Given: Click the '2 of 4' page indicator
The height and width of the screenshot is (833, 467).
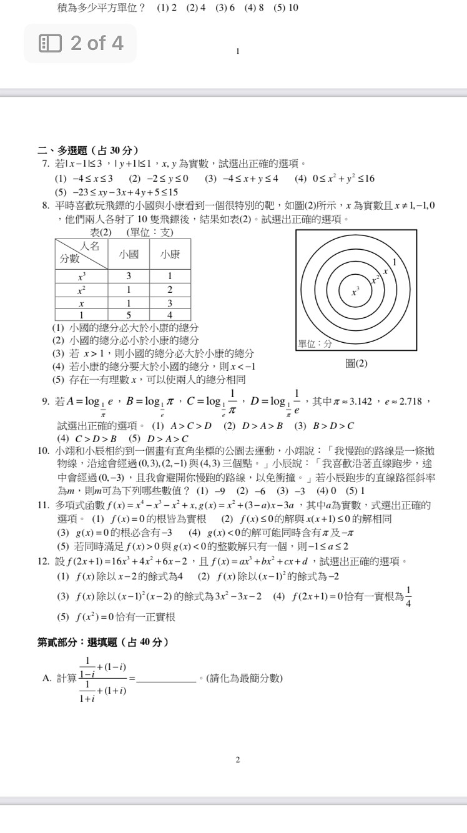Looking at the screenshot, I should [x=81, y=43].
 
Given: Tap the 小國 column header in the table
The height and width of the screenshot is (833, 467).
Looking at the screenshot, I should [x=129, y=254].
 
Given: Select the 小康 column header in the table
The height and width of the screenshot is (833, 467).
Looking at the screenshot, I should [x=170, y=254].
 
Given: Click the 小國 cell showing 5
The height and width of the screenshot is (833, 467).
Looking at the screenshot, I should [x=129, y=315].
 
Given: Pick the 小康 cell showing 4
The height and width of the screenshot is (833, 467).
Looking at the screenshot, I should [x=170, y=315].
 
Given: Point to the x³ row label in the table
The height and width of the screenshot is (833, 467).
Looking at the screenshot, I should [x=81, y=275].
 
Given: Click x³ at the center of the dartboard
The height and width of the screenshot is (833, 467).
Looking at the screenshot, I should [x=356, y=292].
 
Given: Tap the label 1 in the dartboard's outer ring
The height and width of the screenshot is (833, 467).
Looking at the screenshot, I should [x=394, y=261].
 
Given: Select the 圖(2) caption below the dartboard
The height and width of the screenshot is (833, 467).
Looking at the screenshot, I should [x=356, y=363].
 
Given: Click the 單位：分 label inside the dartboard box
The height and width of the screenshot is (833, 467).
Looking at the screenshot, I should [x=315, y=343].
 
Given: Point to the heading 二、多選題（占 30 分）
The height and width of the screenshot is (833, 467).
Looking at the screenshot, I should [x=88, y=150].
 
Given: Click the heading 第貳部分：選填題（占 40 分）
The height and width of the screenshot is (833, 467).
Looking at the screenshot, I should [x=102, y=642].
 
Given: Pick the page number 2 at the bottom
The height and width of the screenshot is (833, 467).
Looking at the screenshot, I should [x=238, y=760].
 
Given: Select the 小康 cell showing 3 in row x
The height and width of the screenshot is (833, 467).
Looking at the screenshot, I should [x=170, y=303].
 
